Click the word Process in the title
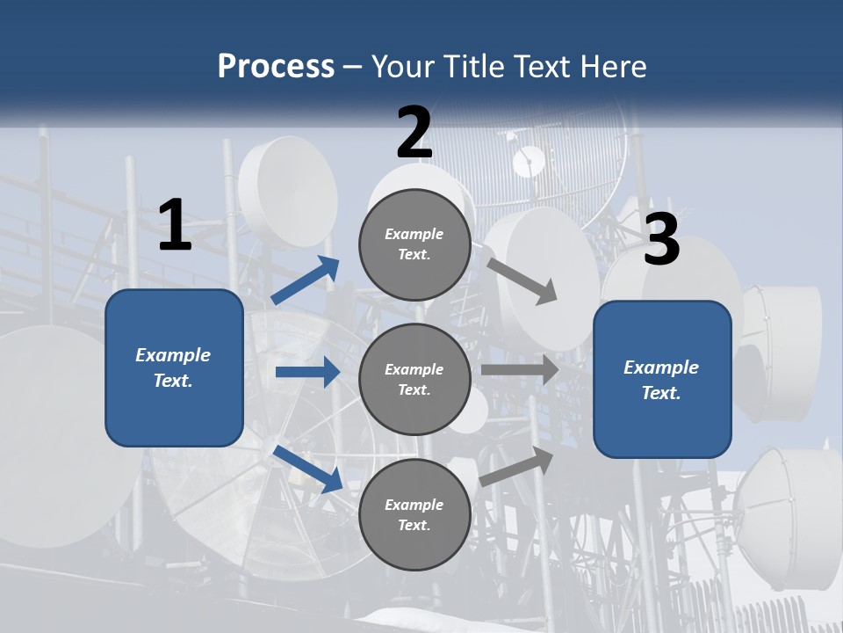point(276,67)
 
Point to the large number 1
point(175,226)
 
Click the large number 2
point(414,133)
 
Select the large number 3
point(662,240)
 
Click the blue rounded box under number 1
point(174,367)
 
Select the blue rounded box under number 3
point(662,380)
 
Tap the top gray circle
point(414,244)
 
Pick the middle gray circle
point(414,379)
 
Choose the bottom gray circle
point(414,514)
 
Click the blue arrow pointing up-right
point(306,280)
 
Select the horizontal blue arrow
point(307,372)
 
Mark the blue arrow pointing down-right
point(307,469)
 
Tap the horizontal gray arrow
point(520,369)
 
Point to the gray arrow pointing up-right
point(516,467)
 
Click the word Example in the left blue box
point(173,355)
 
